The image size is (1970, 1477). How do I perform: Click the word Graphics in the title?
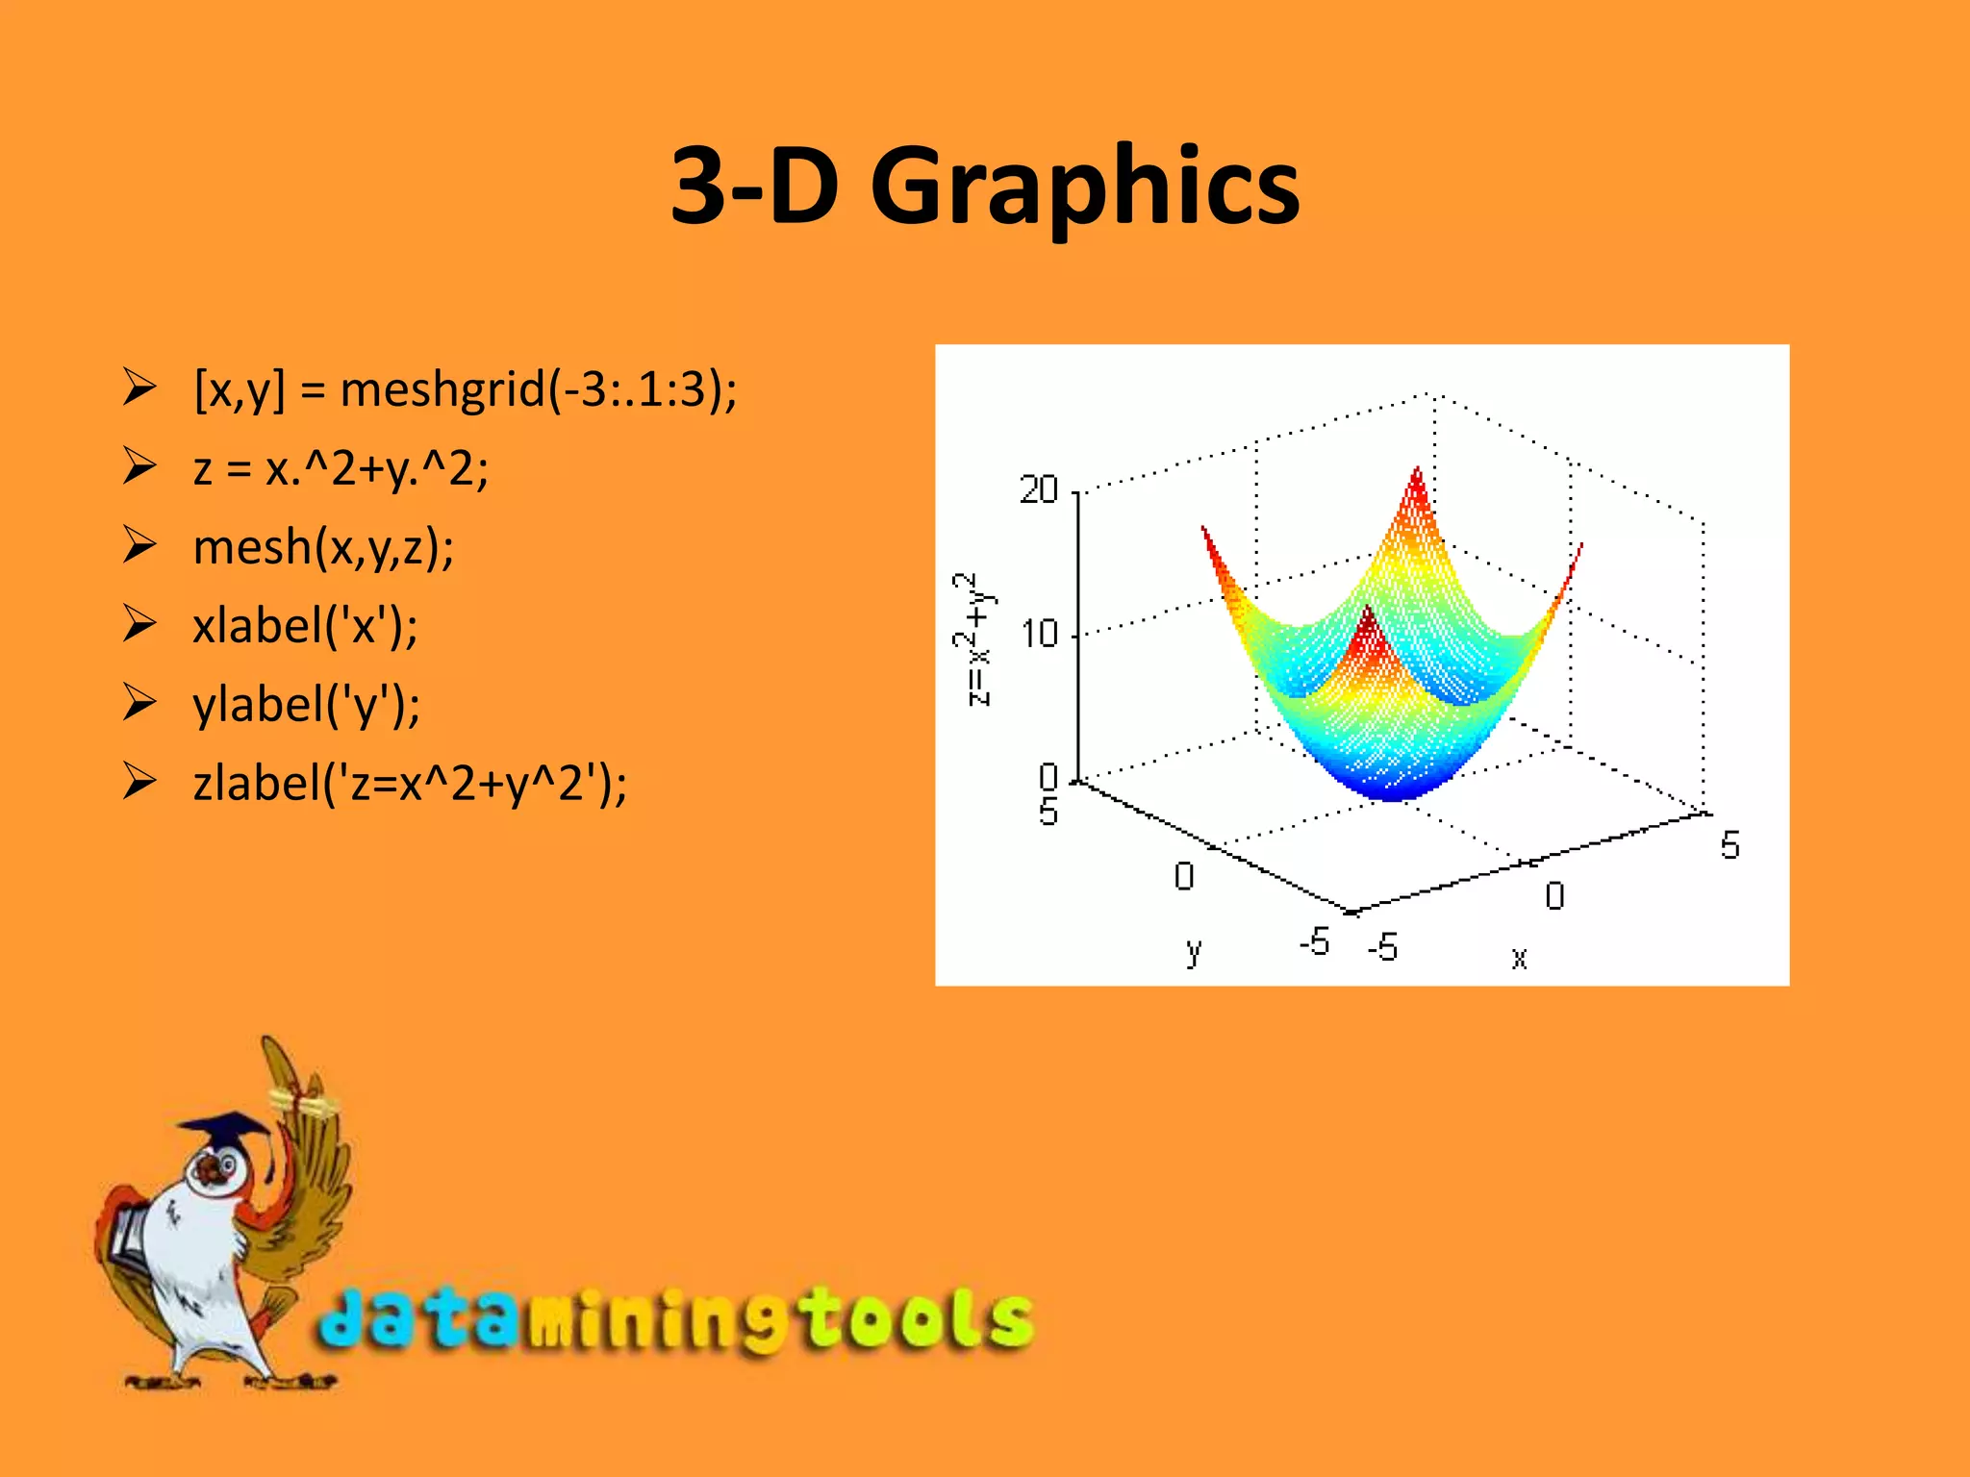click(1084, 187)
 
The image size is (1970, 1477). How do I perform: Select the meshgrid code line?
click(466, 390)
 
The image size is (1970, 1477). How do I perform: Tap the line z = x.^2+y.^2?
click(341, 469)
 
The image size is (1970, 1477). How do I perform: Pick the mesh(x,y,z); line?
click(323, 548)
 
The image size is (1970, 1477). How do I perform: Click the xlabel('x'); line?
click(305, 627)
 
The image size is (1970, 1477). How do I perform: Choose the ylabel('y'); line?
click(306, 706)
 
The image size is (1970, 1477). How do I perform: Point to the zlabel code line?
click(410, 784)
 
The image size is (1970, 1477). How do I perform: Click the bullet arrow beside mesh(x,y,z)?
click(139, 545)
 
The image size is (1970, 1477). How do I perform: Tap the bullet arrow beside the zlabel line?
click(139, 781)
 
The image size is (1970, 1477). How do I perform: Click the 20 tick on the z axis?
click(1039, 490)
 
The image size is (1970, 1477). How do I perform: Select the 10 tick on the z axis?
click(1039, 635)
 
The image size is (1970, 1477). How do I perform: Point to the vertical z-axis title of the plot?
click(975, 639)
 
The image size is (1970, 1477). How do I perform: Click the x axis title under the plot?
click(1519, 958)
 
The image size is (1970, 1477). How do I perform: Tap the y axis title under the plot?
click(1194, 951)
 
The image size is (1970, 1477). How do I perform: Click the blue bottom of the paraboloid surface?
click(1392, 784)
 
